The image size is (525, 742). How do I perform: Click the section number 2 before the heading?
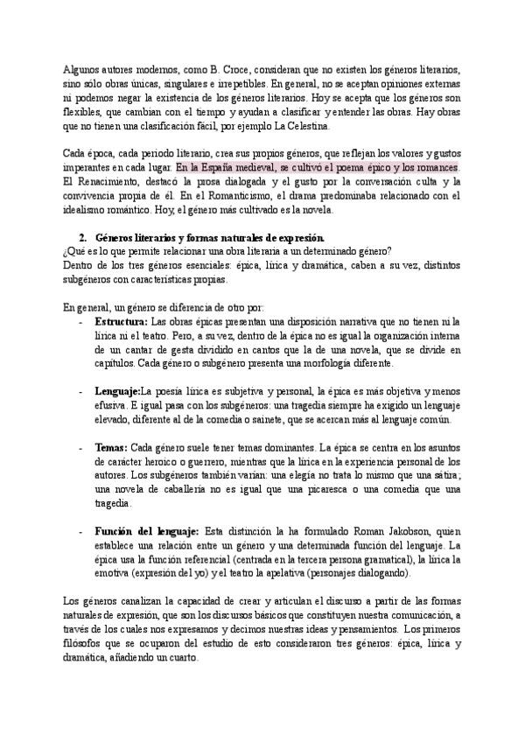[81, 238]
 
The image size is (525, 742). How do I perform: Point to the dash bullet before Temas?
[81, 447]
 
